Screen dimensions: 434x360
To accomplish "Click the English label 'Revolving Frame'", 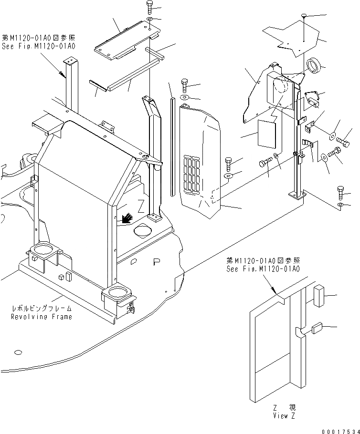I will click(x=42, y=317).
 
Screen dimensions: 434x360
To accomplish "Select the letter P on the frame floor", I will click(x=156, y=262).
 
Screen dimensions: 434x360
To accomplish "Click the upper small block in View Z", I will click(x=319, y=295).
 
